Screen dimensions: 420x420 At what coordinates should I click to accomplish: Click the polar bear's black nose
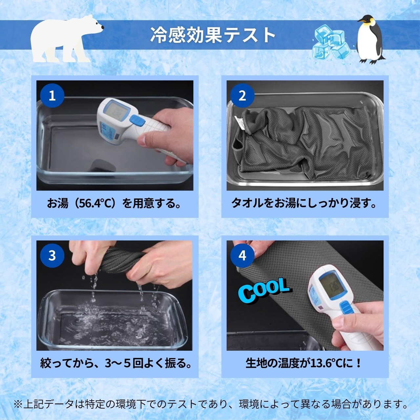point(102,27)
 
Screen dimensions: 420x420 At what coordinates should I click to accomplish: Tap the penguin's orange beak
point(361,21)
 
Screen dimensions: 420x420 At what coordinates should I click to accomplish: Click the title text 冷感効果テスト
point(213,35)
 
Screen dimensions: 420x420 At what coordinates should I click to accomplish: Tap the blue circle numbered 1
point(52,95)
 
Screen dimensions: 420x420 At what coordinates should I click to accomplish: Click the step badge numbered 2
point(242,95)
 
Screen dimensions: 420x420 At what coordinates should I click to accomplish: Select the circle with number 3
point(52,255)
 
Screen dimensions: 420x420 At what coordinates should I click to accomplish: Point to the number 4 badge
point(242,255)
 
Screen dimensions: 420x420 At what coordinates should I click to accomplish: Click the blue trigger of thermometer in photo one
point(137,120)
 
